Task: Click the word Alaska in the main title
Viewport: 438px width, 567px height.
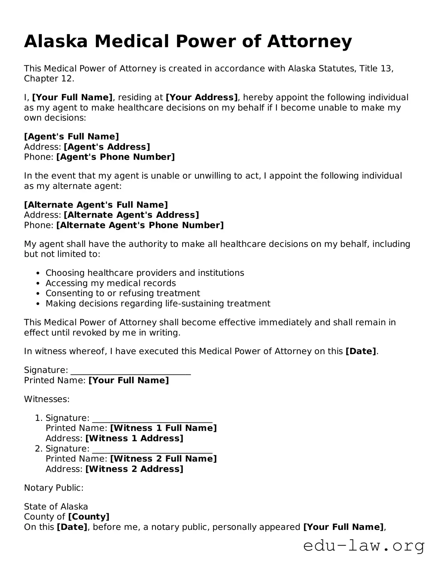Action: tap(56, 41)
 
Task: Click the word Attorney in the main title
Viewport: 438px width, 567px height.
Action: tap(310, 41)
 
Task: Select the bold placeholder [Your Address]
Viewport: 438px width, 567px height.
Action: tap(202, 97)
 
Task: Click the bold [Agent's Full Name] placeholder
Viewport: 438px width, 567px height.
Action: tap(71, 136)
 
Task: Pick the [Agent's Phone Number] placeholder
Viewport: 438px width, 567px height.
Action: tap(115, 157)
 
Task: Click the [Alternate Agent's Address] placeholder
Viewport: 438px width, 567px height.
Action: tap(131, 215)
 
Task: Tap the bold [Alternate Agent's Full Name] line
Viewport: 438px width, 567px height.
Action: tap(96, 205)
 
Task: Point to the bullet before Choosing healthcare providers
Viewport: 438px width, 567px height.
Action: tap(38, 273)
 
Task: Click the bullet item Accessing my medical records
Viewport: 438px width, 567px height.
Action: tap(111, 283)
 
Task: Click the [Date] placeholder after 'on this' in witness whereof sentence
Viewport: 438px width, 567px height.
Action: tap(361, 351)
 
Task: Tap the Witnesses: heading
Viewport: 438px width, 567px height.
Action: tap(47, 399)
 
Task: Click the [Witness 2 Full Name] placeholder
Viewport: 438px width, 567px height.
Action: tap(163, 459)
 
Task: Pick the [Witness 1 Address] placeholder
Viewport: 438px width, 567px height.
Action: tap(134, 438)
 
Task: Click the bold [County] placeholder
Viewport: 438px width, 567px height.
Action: tap(88, 517)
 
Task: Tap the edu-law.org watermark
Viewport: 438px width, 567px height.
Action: tap(364, 546)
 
